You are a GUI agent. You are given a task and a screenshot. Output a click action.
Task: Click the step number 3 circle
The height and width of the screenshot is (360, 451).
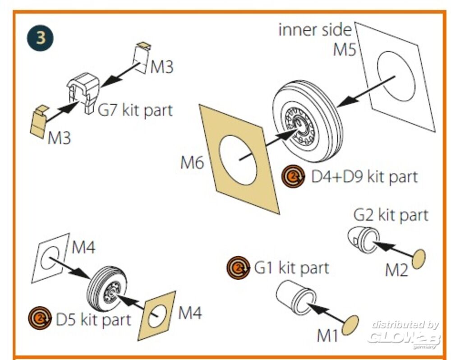[41, 37]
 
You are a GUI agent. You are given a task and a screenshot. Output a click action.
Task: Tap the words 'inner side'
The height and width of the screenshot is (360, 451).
[314, 30]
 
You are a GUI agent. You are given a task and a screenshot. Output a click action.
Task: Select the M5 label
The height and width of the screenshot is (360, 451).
[344, 50]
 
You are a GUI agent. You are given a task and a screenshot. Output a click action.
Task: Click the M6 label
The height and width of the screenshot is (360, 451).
[193, 163]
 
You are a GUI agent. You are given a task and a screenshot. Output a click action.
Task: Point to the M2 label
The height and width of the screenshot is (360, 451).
[396, 270]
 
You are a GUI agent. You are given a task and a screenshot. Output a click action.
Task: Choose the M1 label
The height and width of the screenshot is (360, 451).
[327, 335]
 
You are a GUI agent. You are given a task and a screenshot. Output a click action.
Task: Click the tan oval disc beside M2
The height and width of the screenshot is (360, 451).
[419, 259]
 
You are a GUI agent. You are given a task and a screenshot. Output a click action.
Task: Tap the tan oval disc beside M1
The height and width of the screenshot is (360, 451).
[350, 325]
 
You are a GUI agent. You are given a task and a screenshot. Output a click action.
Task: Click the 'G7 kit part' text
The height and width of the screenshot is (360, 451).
[135, 110]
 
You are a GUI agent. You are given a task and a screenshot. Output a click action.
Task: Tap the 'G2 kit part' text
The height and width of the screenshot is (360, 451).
[391, 215]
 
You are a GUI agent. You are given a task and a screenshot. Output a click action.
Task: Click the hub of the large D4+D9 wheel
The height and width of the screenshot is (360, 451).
[299, 124]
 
